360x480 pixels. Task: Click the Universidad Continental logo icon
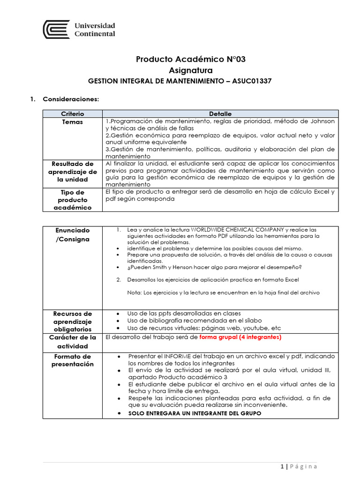pyautogui.click(x=56, y=29)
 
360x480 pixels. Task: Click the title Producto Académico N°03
pyautogui.click(x=190, y=59)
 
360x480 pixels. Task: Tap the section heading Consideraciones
pyautogui.click(x=70, y=99)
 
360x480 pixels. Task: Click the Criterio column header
pyautogui.click(x=72, y=114)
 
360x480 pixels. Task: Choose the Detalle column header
pyautogui.click(x=220, y=114)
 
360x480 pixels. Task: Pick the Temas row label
pyautogui.click(x=72, y=122)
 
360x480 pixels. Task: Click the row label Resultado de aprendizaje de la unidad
pyautogui.click(x=72, y=172)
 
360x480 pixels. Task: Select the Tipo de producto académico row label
pyautogui.click(x=72, y=200)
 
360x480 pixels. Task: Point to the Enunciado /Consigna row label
pyautogui.click(x=72, y=234)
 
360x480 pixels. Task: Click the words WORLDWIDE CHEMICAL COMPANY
pyautogui.click(x=238, y=230)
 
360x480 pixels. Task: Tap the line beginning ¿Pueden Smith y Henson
pyautogui.click(x=214, y=267)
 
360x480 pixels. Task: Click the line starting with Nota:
pyautogui.click(x=223, y=292)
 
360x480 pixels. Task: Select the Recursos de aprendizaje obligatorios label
pyautogui.click(x=72, y=322)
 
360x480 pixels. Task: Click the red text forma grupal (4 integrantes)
pyautogui.click(x=240, y=337)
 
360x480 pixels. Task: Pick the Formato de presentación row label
pyautogui.click(x=72, y=360)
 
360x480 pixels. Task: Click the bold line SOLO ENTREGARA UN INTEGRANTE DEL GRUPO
pyautogui.click(x=194, y=413)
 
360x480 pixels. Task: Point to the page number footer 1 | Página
pyautogui.click(x=299, y=466)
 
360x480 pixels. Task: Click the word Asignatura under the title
pyautogui.click(x=190, y=70)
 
